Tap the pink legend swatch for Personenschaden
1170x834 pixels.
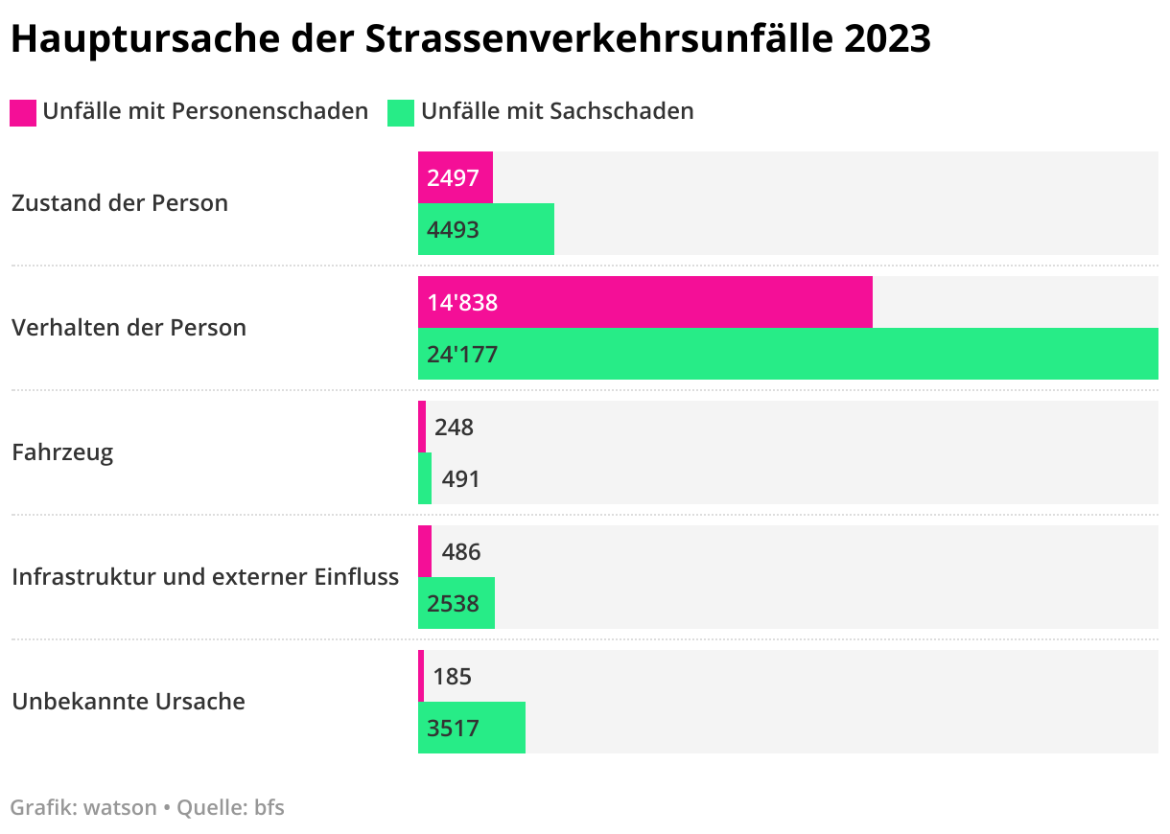23,112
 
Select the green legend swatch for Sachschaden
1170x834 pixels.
401,112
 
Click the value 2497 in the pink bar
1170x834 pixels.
454,177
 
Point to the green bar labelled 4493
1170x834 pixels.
486,229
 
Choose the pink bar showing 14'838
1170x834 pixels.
645,302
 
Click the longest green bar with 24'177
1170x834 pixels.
787,354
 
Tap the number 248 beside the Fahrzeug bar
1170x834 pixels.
454,427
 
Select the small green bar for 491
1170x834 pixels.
425,478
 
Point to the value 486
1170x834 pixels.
461,551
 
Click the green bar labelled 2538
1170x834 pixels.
456,603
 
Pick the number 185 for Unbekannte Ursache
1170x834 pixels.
453,676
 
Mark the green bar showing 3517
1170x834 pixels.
472,728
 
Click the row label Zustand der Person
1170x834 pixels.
120,203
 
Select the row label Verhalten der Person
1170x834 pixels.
129,328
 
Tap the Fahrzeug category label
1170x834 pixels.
62,452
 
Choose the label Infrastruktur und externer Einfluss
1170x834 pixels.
205,577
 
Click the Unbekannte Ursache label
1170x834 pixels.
129,702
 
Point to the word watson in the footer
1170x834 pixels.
120,807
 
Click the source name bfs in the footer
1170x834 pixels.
269,807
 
